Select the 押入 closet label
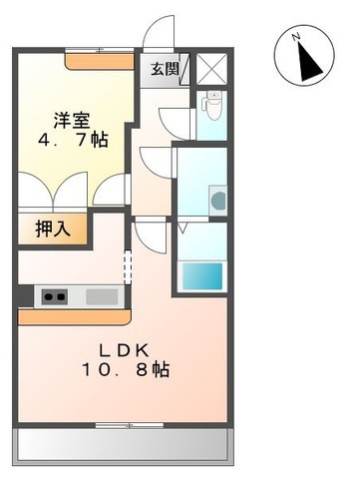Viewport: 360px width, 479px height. (x=53, y=229)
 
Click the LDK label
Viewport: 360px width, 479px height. (x=124, y=350)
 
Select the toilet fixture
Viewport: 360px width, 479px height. (x=211, y=104)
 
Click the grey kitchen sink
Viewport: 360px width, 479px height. (x=101, y=296)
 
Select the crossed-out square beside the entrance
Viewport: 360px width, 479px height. (x=210, y=70)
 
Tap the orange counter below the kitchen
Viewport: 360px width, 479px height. (x=75, y=316)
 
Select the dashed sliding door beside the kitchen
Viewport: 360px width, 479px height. (x=128, y=267)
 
